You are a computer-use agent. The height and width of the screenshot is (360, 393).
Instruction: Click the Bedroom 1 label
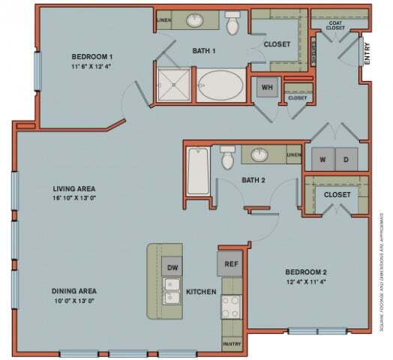click(x=92, y=57)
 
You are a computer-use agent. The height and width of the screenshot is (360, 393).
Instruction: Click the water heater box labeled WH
click(x=266, y=87)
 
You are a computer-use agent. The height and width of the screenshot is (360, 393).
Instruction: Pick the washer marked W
click(x=322, y=159)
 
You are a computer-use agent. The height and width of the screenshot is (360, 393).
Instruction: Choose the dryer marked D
click(x=346, y=159)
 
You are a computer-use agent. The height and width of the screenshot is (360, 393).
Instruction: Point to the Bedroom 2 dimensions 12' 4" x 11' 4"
click(x=307, y=282)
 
